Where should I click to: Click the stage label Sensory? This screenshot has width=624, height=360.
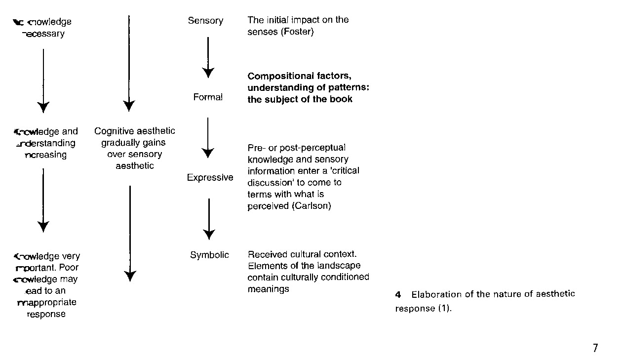point(205,21)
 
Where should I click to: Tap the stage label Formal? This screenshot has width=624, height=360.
point(208,97)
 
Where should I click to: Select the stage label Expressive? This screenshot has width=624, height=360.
point(210,178)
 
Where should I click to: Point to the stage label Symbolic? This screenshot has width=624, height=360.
point(210,255)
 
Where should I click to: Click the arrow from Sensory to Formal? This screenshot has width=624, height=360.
point(208,57)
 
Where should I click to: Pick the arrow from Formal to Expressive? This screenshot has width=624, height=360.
point(208,137)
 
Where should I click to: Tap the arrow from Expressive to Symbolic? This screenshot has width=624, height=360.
point(209,218)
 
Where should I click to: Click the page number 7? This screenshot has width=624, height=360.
point(595,348)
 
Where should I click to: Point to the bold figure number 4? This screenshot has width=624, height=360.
point(398,295)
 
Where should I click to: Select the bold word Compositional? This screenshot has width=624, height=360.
point(281,76)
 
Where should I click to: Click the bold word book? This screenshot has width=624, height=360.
point(343,99)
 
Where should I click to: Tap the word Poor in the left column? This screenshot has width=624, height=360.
point(69,268)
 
